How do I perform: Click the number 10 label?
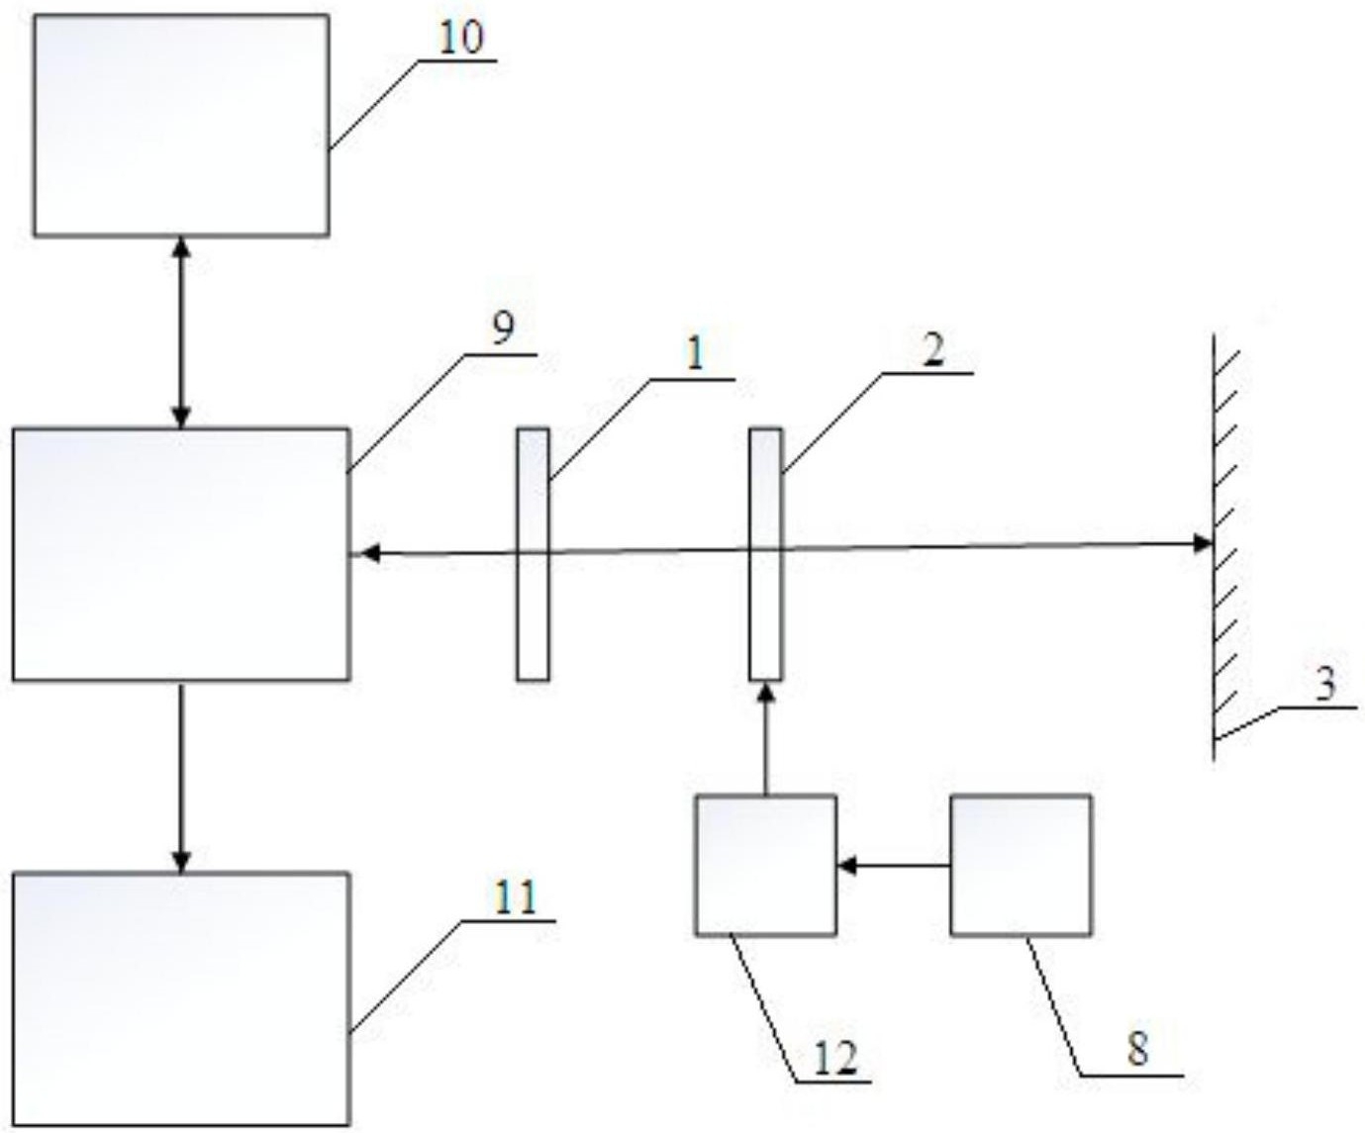461,39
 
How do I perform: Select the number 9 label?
504,330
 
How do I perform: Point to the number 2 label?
933,351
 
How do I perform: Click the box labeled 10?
181,125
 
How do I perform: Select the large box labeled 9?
181,554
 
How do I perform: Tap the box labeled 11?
181,997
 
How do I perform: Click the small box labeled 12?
765,865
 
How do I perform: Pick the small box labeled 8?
1021,865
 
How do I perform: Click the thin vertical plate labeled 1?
533,554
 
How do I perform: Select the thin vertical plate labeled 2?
765,554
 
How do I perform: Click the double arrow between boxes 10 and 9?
180,331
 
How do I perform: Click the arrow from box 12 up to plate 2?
765,737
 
